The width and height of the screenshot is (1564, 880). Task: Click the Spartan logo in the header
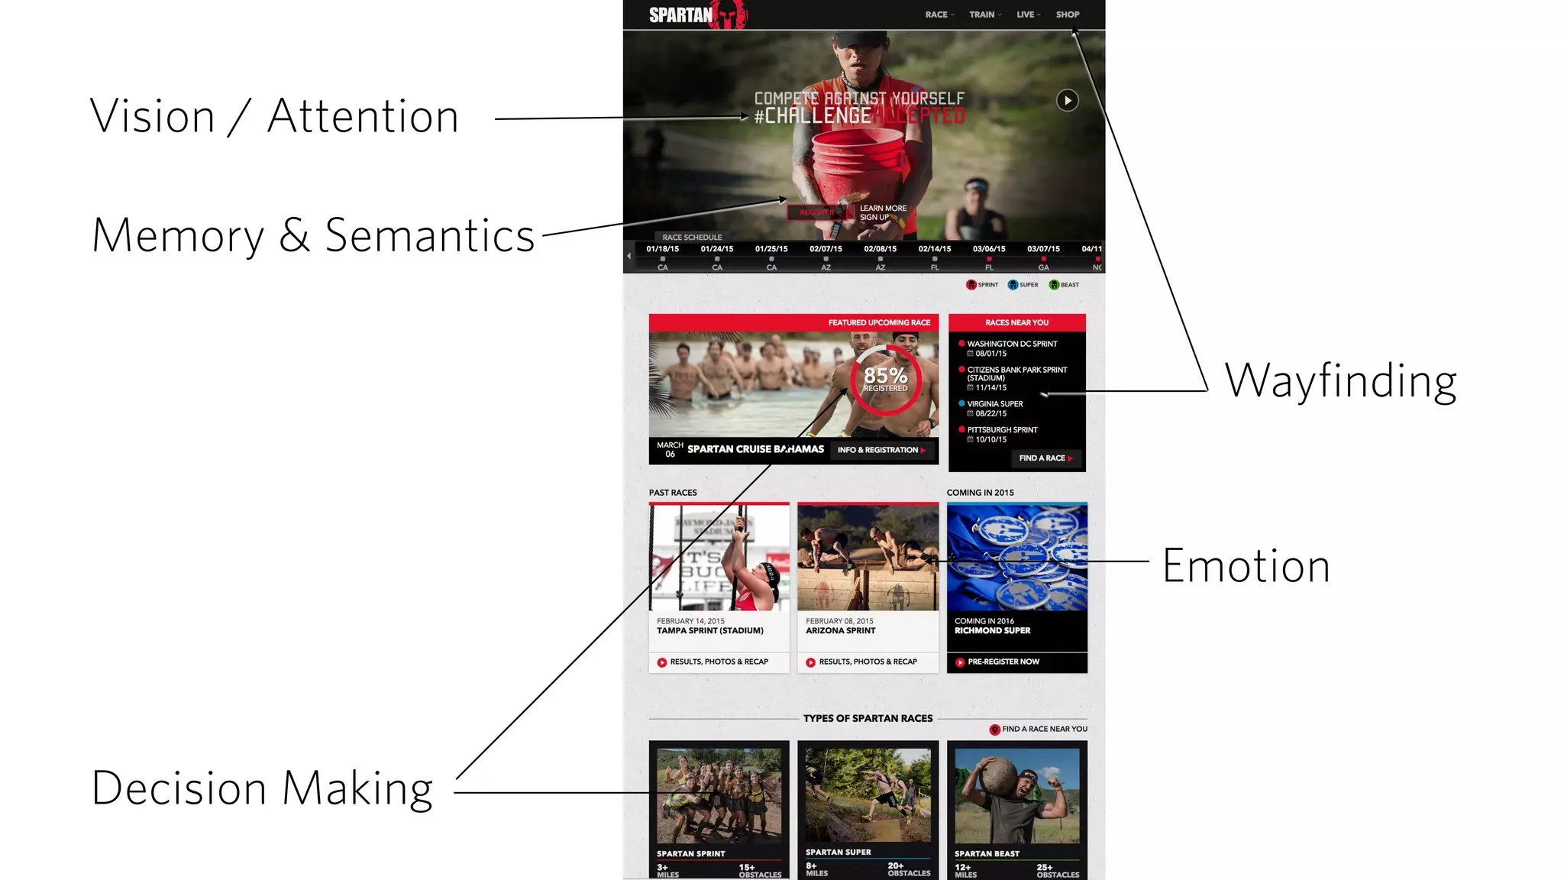click(x=696, y=15)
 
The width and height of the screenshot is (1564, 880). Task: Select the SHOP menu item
click(x=1067, y=15)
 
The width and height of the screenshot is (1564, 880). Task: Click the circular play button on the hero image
click(x=1067, y=100)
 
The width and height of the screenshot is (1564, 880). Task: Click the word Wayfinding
click(x=1340, y=380)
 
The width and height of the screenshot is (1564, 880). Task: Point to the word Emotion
click(x=1246, y=566)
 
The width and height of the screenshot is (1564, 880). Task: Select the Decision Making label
click(x=262, y=788)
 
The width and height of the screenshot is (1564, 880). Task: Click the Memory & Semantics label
click(x=313, y=235)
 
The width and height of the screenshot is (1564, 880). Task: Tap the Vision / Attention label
click(x=274, y=116)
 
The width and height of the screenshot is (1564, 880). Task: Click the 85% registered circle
click(x=886, y=380)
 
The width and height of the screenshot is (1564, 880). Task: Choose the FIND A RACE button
click(x=1045, y=458)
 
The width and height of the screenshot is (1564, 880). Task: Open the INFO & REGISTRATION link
click(x=881, y=450)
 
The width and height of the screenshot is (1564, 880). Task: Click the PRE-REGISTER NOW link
click(x=1003, y=662)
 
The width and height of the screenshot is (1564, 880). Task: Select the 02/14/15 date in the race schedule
click(x=935, y=249)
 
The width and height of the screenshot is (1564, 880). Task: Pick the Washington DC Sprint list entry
click(x=1012, y=345)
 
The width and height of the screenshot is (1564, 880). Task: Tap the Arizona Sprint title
click(x=840, y=631)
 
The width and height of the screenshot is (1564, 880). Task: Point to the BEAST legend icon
click(x=1055, y=285)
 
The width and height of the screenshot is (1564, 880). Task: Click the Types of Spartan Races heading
click(x=868, y=718)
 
